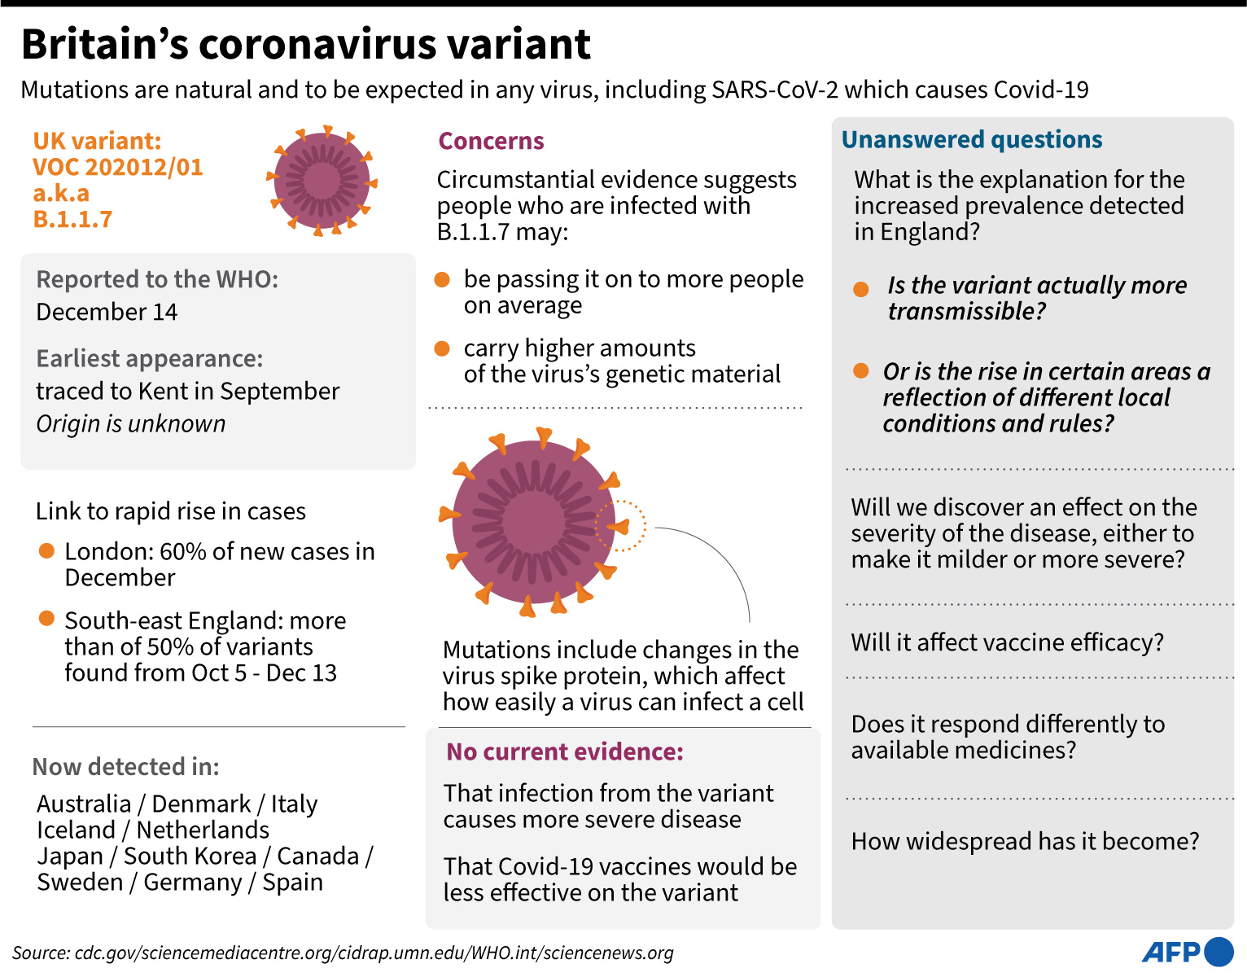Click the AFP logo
point(1188,952)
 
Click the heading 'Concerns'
point(491,141)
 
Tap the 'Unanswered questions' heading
point(972,139)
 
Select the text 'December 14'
point(107,312)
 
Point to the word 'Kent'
point(168,391)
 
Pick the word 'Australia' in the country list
point(84,804)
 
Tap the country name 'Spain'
point(292,882)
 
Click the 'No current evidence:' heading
point(565,751)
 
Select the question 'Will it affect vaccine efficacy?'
point(1007,642)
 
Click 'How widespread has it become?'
point(1025,841)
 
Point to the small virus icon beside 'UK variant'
point(322,181)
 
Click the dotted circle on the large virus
point(620,525)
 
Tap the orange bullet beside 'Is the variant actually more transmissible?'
point(861,290)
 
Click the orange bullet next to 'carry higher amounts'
point(443,348)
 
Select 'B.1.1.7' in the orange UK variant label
point(72,219)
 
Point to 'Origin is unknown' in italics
point(131,423)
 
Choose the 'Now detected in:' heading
point(126,766)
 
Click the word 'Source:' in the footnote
point(41,953)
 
